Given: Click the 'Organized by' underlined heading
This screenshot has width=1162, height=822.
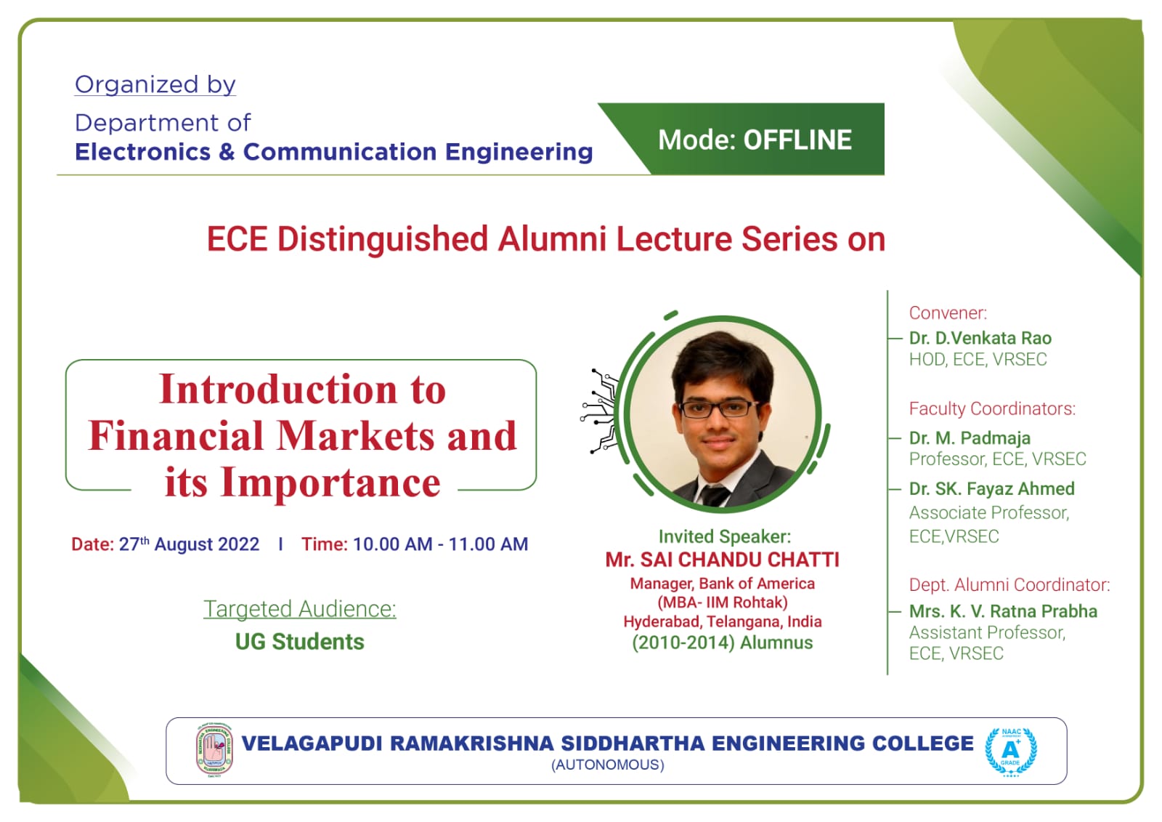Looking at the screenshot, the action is [155, 84].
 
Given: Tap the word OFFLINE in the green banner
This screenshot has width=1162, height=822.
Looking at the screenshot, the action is [797, 140].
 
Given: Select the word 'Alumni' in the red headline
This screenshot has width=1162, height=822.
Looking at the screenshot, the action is [552, 239].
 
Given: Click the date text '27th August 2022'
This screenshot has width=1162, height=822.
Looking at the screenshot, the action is [190, 544].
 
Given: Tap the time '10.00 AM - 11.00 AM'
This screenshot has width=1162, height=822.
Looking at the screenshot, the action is [440, 544].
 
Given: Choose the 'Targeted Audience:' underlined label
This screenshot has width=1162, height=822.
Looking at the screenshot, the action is [300, 609].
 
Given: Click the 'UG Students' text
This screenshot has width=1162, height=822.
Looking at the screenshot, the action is [300, 642].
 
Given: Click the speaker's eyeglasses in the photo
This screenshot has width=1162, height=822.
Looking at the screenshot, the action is [719, 408].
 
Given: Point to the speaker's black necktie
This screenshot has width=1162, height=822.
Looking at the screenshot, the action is [715, 496].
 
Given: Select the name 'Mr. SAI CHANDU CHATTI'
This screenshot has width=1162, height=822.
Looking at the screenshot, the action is [722, 560].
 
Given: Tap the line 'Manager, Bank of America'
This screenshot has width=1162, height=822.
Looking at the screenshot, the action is [722, 584].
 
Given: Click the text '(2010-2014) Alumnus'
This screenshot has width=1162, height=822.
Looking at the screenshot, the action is [722, 643].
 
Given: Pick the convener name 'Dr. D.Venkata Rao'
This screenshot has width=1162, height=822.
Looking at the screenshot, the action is [980, 338].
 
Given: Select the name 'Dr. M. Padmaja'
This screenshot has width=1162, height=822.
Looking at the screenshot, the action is [970, 438].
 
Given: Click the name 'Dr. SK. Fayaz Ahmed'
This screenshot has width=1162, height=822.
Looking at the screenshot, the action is [992, 488].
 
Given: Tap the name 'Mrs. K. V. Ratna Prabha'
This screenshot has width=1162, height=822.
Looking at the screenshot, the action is [1003, 611].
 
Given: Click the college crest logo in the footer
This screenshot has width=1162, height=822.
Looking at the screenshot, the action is [214, 750].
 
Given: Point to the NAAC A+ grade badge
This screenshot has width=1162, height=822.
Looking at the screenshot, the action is [1010, 752].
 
